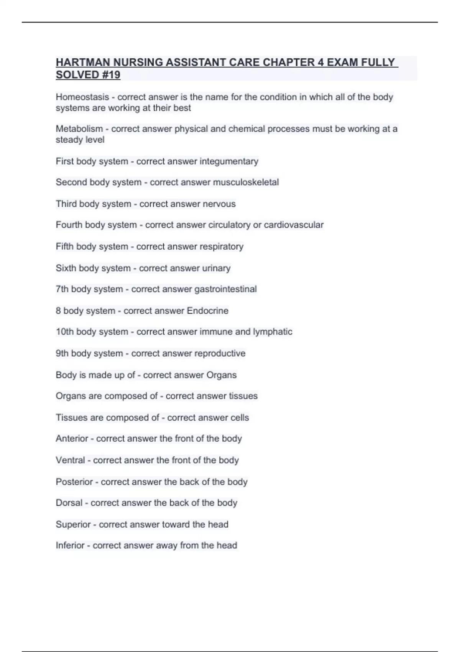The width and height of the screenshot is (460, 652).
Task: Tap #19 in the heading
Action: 111,75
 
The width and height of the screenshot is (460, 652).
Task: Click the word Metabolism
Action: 79,129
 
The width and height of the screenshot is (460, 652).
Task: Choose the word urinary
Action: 216,268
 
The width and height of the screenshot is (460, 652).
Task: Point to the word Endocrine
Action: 207,311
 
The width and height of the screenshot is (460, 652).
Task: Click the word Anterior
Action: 72,438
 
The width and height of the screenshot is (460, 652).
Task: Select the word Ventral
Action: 70,460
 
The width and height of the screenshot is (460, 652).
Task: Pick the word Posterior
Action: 74,482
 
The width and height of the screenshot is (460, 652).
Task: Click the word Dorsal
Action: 69,503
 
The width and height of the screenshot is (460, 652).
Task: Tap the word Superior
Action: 73,524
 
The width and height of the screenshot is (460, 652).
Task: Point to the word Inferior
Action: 70,545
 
